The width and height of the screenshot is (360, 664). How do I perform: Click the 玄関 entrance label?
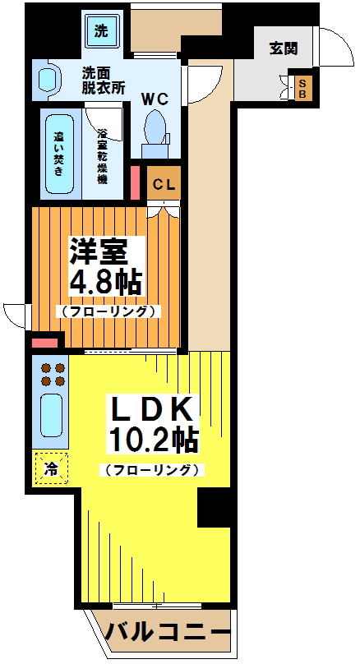(284, 48)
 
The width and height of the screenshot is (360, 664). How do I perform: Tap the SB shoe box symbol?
(302, 87)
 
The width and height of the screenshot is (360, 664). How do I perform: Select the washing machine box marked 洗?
(101, 33)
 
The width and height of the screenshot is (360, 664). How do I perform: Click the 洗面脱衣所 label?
(104, 80)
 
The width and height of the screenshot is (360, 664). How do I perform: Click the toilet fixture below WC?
(155, 131)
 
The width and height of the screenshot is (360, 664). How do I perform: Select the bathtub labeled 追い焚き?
(60, 153)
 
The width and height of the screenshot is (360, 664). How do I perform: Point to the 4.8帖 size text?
(106, 281)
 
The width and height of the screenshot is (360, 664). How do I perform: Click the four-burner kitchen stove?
(52, 375)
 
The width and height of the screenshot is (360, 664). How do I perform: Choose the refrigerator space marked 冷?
(51, 470)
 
